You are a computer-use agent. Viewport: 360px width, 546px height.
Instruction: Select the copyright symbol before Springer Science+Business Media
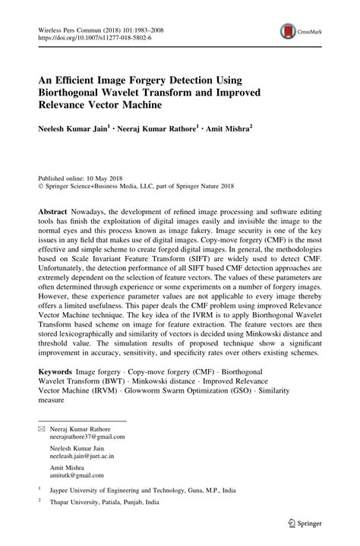click(x=42, y=183)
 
